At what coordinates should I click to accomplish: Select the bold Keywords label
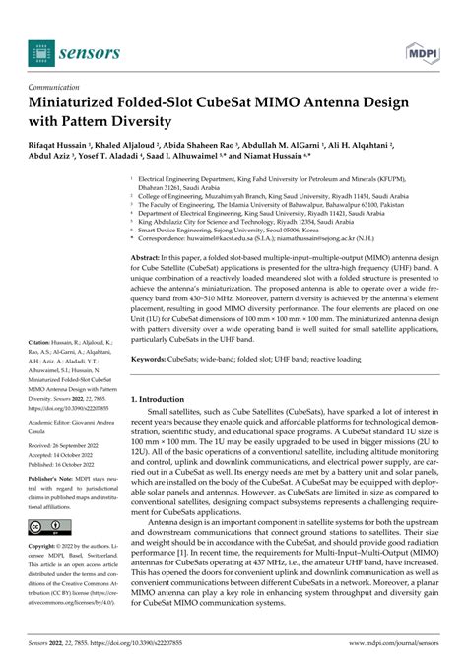point(164,359)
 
